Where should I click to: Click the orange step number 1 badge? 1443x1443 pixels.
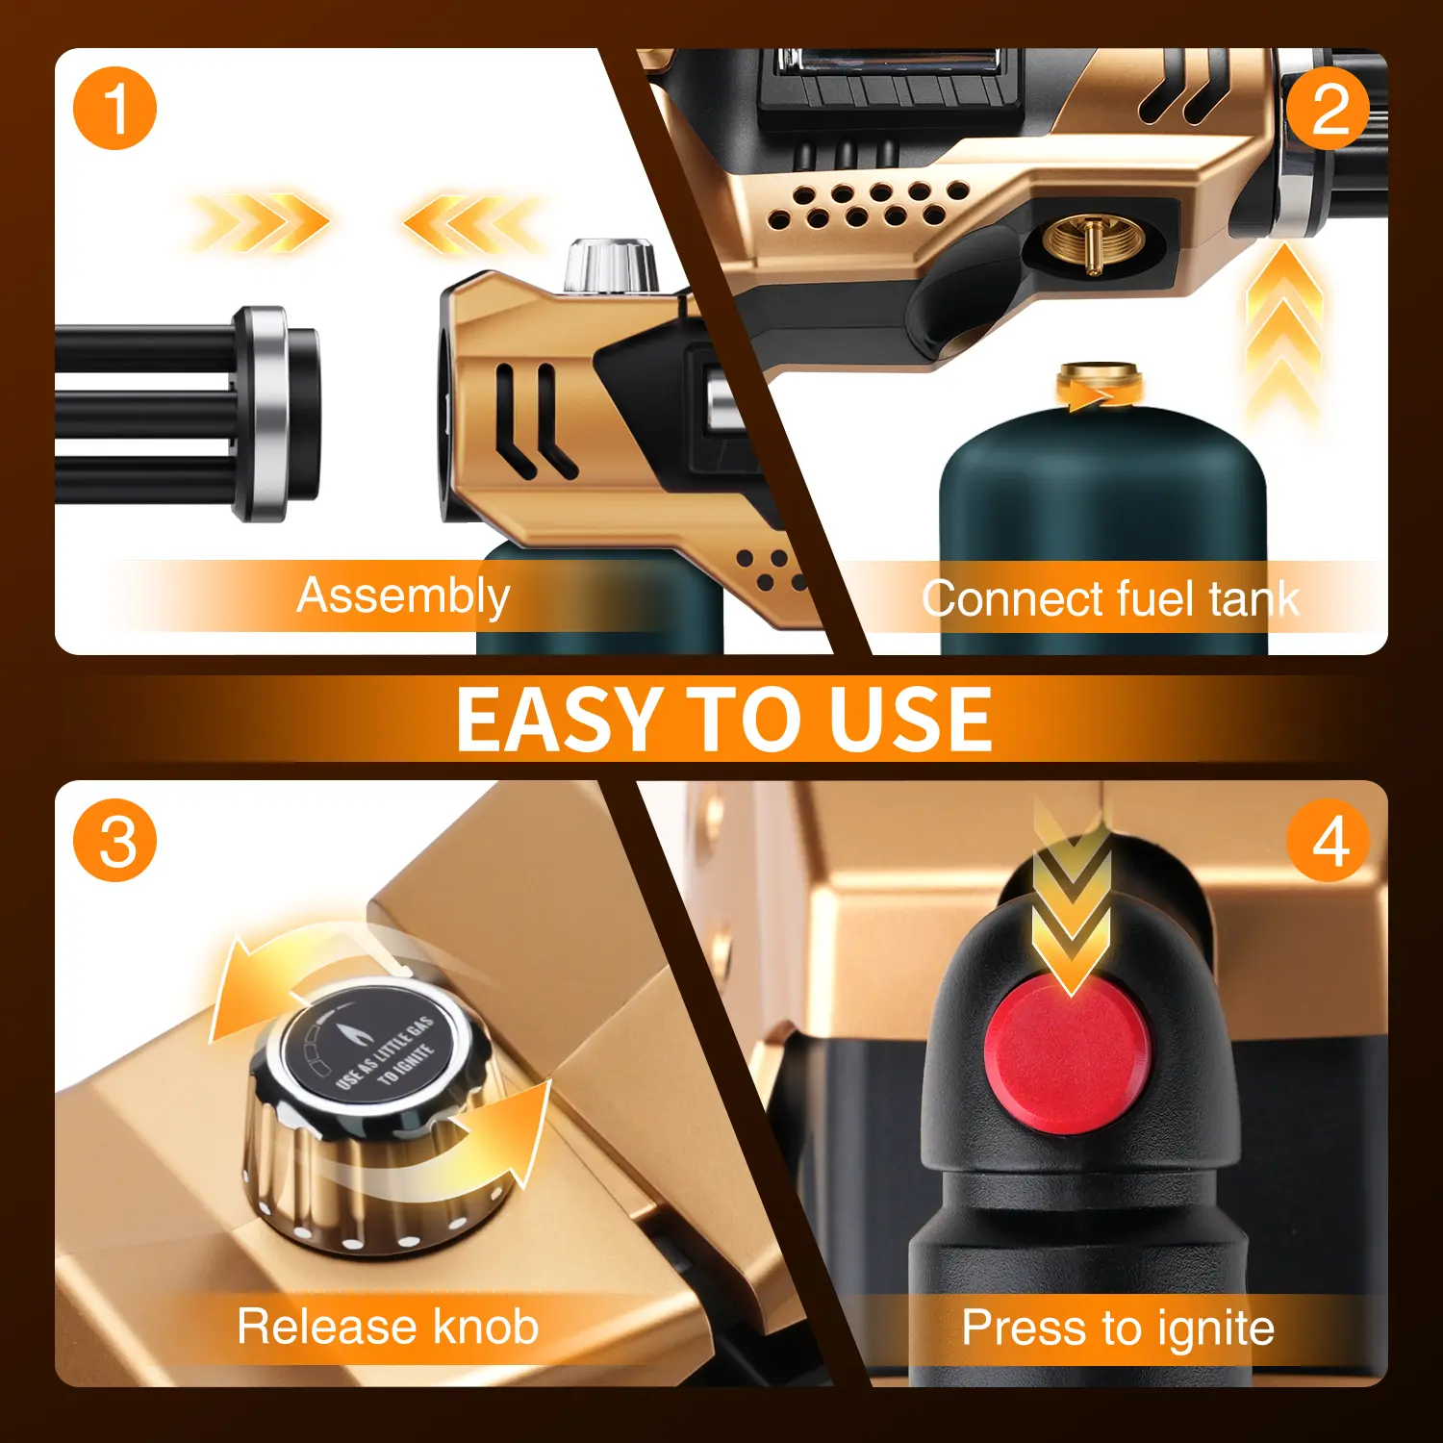pos(114,108)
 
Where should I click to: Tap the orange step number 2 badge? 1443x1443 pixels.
pos(1329,108)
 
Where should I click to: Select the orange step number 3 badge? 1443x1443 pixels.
pos(114,841)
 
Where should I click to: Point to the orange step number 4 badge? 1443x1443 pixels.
pos(1329,841)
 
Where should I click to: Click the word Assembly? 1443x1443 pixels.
pos(403,596)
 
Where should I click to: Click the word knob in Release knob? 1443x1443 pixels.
pos(486,1327)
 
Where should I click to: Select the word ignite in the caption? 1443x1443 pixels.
pos(1216,1329)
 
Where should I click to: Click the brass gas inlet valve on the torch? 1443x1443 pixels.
pos(1094,243)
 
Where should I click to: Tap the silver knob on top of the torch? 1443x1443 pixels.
pos(610,266)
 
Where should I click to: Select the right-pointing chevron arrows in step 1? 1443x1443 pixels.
pos(260,223)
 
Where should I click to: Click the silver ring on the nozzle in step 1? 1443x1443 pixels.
pos(263,414)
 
